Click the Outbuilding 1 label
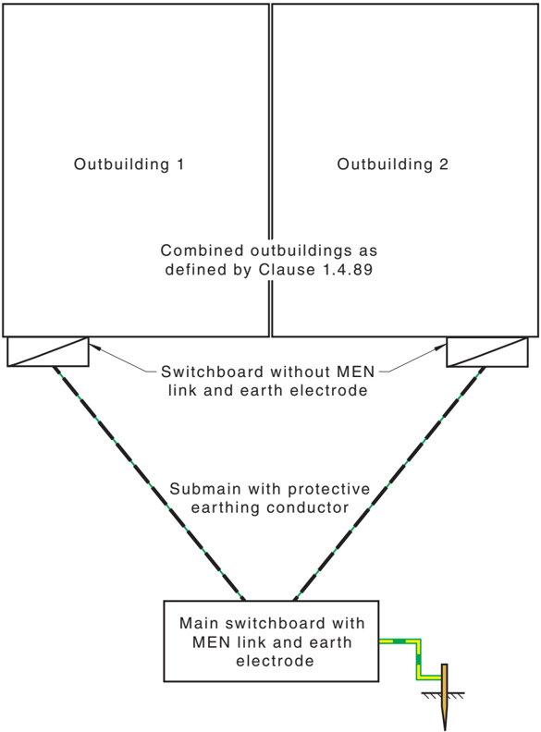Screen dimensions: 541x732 click(129, 165)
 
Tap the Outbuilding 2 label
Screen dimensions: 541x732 click(392, 165)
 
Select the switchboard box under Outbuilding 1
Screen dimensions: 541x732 click(48, 351)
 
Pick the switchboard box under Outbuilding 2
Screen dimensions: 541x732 click(487, 351)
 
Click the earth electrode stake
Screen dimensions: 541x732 click(444, 696)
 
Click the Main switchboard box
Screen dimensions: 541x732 click(271, 641)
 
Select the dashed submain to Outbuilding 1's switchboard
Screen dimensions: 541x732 click(149, 483)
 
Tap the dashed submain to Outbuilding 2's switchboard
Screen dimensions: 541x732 click(389, 483)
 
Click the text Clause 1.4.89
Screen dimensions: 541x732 click(316, 270)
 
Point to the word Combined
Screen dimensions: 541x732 click(202, 250)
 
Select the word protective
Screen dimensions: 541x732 click(329, 489)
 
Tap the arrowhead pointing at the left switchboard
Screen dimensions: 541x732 click(92, 347)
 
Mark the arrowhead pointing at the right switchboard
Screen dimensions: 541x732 click(442, 347)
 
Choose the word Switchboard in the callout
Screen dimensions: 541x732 click(212, 372)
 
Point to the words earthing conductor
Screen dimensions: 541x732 click(270, 508)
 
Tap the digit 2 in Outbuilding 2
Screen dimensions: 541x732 click(443, 165)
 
